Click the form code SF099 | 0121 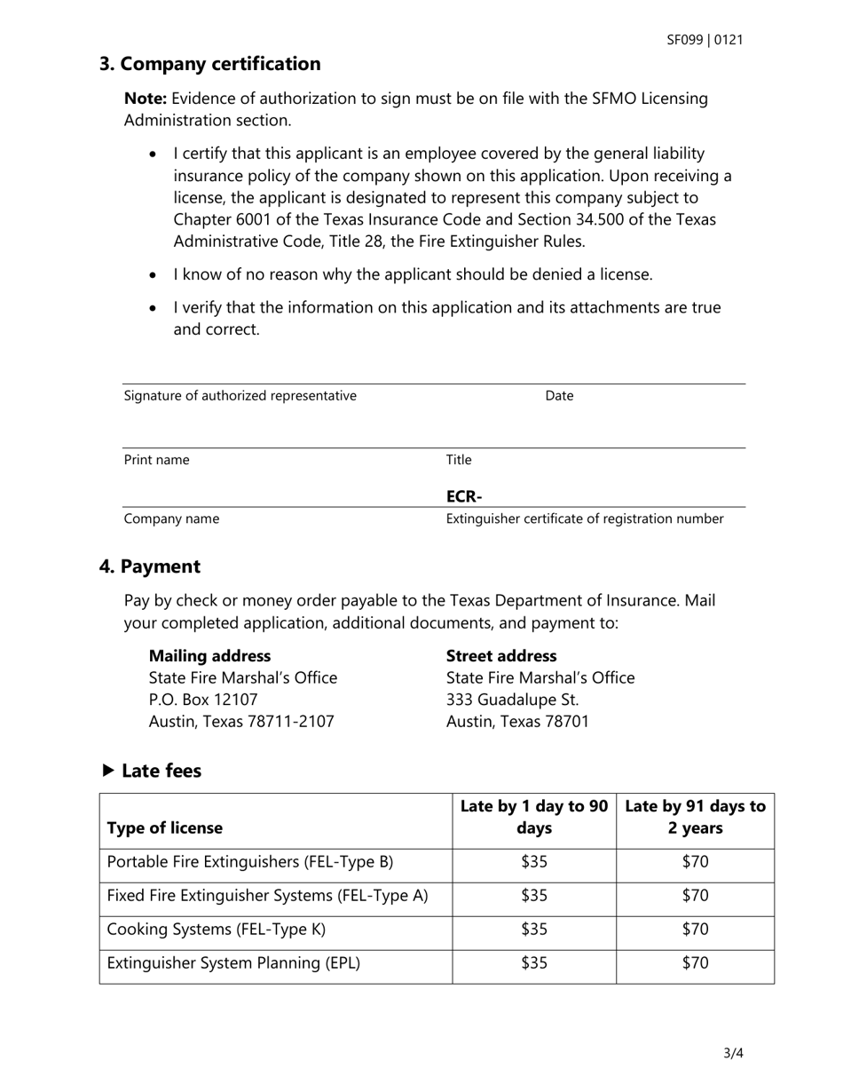[705, 40]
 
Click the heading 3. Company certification [209, 64]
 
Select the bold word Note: [145, 99]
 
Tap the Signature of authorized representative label [240, 396]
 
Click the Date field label [559, 396]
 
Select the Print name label [156, 460]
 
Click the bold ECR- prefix [464, 496]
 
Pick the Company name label [171, 518]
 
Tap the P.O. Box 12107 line [203, 700]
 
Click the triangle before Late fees [108, 771]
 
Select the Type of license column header [165, 828]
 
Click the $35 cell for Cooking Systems [534, 930]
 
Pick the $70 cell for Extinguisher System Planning [695, 963]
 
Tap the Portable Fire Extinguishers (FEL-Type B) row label [249, 862]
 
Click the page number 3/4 [733, 1054]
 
